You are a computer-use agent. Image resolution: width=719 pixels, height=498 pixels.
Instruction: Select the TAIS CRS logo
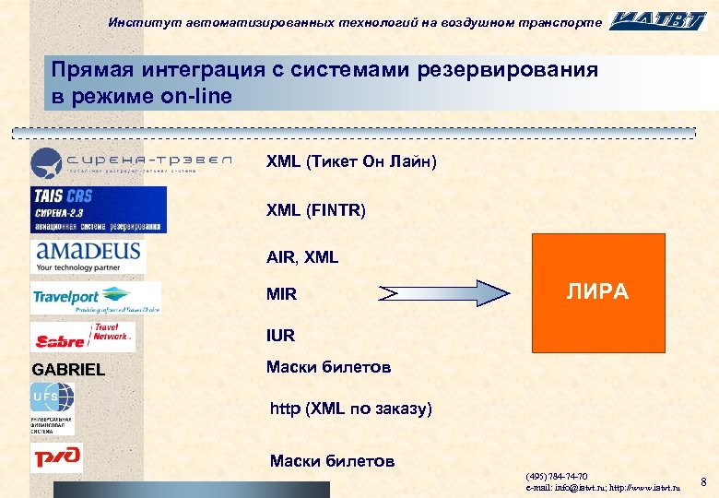pos(99,209)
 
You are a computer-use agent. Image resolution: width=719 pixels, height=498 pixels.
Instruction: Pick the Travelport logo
pos(96,298)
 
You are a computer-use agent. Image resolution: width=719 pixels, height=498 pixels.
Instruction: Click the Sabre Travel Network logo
pos(83,337)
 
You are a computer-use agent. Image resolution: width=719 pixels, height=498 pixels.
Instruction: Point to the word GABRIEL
pos(68,371)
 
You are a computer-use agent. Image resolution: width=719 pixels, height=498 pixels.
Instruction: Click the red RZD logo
pos(56,456)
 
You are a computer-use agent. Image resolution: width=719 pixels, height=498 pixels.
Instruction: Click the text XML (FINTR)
pos(316,211)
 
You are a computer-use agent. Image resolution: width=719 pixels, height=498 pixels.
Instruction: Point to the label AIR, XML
pos(302,257)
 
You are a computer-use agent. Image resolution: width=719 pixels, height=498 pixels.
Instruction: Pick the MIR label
pos(281,295)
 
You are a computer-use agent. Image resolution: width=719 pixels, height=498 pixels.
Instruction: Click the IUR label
pos(281,337)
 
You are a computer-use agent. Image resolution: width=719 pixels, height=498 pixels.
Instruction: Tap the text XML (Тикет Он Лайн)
pos(351,162)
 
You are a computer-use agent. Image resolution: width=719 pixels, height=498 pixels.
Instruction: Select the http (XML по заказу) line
pos(350,408)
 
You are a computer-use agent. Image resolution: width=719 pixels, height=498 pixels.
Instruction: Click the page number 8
pos(703,482)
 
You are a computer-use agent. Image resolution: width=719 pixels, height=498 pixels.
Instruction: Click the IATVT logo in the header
pos(658,20)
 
